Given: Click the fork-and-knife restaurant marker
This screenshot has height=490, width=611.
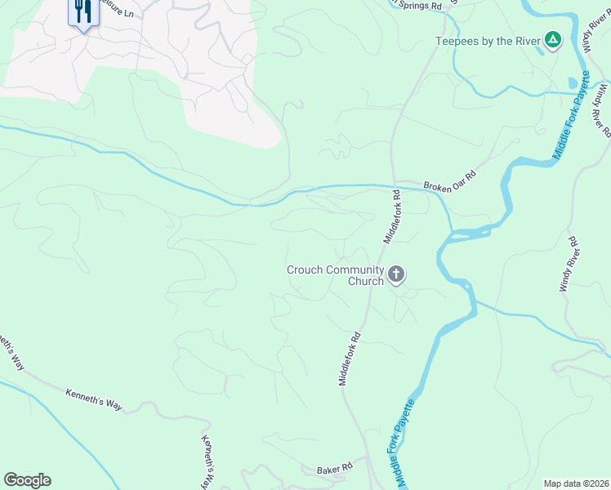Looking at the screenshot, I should pyautogui.click(x=81, y=12).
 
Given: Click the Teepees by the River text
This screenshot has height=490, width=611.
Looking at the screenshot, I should pyautogui.click(x=487, y=40).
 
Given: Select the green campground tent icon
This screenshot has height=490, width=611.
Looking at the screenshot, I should pyautogui.click(x=553, y=39).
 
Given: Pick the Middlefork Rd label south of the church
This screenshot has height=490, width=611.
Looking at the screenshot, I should pyautogui.click(x=350, y=358).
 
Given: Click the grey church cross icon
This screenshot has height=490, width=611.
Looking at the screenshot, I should pyautogui.click(x=396, y=274).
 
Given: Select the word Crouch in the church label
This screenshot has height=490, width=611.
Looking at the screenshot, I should pyautogui.click(x=305, y=269).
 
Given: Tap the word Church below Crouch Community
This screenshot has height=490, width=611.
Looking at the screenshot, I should pyautogui.click(x=366, y=282).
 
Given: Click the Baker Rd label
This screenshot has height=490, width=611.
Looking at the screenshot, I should pyautogui.click(x=334, y=468).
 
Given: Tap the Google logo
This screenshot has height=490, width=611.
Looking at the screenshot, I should pyautogui.click(x=27, y=480).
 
